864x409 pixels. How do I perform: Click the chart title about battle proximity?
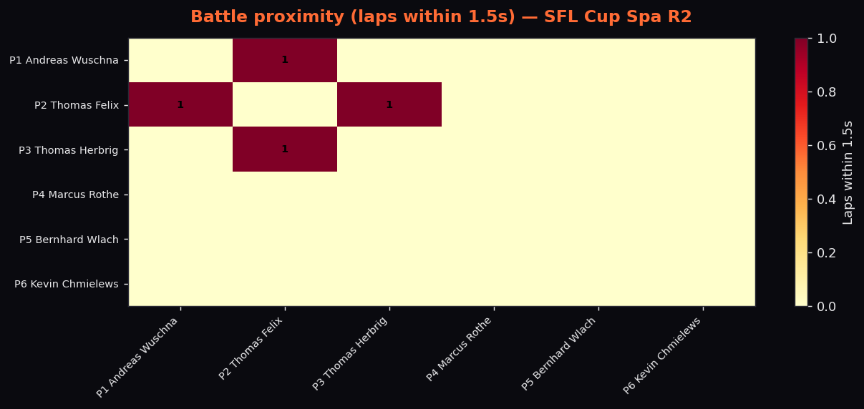(x=441, y=17)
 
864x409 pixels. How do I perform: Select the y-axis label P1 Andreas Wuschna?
(x=64, y=61)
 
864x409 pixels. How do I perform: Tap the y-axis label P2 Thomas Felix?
(x=77, y=105)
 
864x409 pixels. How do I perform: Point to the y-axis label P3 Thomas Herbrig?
(x=68, y=150)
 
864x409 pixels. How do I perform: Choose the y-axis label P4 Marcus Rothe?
(x=75, y=194)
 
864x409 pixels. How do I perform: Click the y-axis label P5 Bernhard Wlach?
(x=69, y=240)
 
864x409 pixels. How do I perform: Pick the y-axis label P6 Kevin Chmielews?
(x=67, y=284)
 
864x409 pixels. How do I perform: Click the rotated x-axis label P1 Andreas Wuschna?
(x=137, y=357)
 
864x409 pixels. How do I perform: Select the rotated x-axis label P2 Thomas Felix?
(x=251, y=348)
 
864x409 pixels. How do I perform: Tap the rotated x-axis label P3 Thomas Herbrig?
(x=349, y=353)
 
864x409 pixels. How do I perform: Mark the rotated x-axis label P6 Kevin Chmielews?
(x=662, y=355)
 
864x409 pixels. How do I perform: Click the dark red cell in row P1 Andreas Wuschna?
(x=285, y=60)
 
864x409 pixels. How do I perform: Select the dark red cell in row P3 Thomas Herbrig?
(x=285, y=149)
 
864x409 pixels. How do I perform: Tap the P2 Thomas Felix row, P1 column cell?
(x=180, y=104)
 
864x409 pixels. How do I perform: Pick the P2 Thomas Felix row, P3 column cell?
(x=389, y=104)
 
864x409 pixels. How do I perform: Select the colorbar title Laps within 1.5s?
(x=848, y=172)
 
